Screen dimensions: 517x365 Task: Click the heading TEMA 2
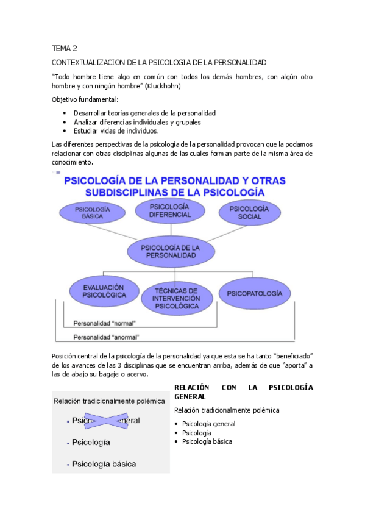(65, 48)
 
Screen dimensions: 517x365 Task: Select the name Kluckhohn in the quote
(163, 87)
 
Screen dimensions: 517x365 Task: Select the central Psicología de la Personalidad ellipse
(170, 252)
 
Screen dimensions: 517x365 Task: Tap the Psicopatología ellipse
(255, 293)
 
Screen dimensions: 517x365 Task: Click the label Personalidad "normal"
(104, 323)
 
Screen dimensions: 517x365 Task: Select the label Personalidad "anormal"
(106, 337)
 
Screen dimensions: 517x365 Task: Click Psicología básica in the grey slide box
(104, 464)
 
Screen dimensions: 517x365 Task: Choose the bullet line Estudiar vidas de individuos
(116, 130)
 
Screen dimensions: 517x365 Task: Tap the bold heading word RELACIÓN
(192, 387)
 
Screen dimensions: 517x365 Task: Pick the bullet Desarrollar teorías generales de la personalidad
(144, 113)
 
